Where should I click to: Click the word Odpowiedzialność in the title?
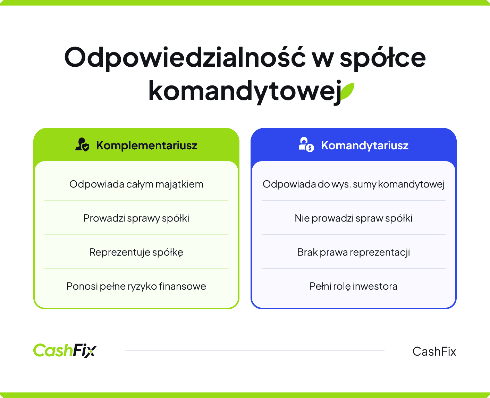(185, 58)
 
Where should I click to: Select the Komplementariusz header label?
(147, 145)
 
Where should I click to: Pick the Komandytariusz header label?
(365, 145)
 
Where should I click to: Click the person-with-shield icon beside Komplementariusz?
(82, 144)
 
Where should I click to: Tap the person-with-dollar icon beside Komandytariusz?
(306, 144)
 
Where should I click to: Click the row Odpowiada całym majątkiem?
(136, 184)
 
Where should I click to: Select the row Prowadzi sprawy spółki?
(136, 218)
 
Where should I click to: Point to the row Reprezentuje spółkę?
(136, 252)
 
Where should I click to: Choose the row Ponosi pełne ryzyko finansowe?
(136, 286)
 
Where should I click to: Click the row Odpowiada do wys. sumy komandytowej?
(354, 184)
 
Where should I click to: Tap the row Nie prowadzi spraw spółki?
(354, 218)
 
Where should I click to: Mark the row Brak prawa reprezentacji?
(354, 252)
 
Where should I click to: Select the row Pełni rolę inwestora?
(354, 286)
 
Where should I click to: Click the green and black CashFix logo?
(65, 350)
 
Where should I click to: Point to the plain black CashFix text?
(434, 351)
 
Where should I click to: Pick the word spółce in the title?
(382, 58)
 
